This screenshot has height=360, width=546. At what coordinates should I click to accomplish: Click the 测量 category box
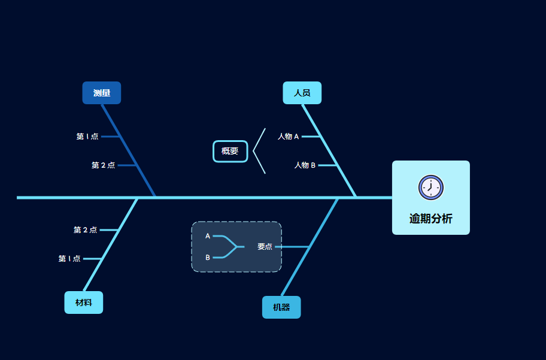point(102,93)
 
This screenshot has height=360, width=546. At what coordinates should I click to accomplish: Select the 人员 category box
point(302,93)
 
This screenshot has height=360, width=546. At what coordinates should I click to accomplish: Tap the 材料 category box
point(84,302)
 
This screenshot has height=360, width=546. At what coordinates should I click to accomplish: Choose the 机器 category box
point(281,307)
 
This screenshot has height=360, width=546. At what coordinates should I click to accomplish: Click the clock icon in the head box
point(430,187)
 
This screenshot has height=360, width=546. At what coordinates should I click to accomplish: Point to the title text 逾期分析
point(430,219)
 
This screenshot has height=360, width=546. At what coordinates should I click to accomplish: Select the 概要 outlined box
point(230,151)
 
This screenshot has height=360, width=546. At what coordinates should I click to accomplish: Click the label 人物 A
point(288,137)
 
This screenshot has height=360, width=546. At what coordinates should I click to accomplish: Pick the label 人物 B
point(305,165)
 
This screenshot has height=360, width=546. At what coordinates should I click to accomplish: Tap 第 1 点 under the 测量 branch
point(87,137)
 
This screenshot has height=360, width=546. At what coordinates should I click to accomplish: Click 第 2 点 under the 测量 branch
point(103,165)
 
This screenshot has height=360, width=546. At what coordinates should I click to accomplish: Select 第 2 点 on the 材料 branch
point(85,230)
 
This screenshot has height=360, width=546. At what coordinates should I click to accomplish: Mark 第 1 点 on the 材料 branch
point(69,259)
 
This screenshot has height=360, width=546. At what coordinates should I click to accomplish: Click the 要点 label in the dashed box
point(265,246)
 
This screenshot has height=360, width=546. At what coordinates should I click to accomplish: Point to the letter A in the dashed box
point(208,236)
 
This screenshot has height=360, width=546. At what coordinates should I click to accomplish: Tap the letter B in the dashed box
point(208,258)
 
